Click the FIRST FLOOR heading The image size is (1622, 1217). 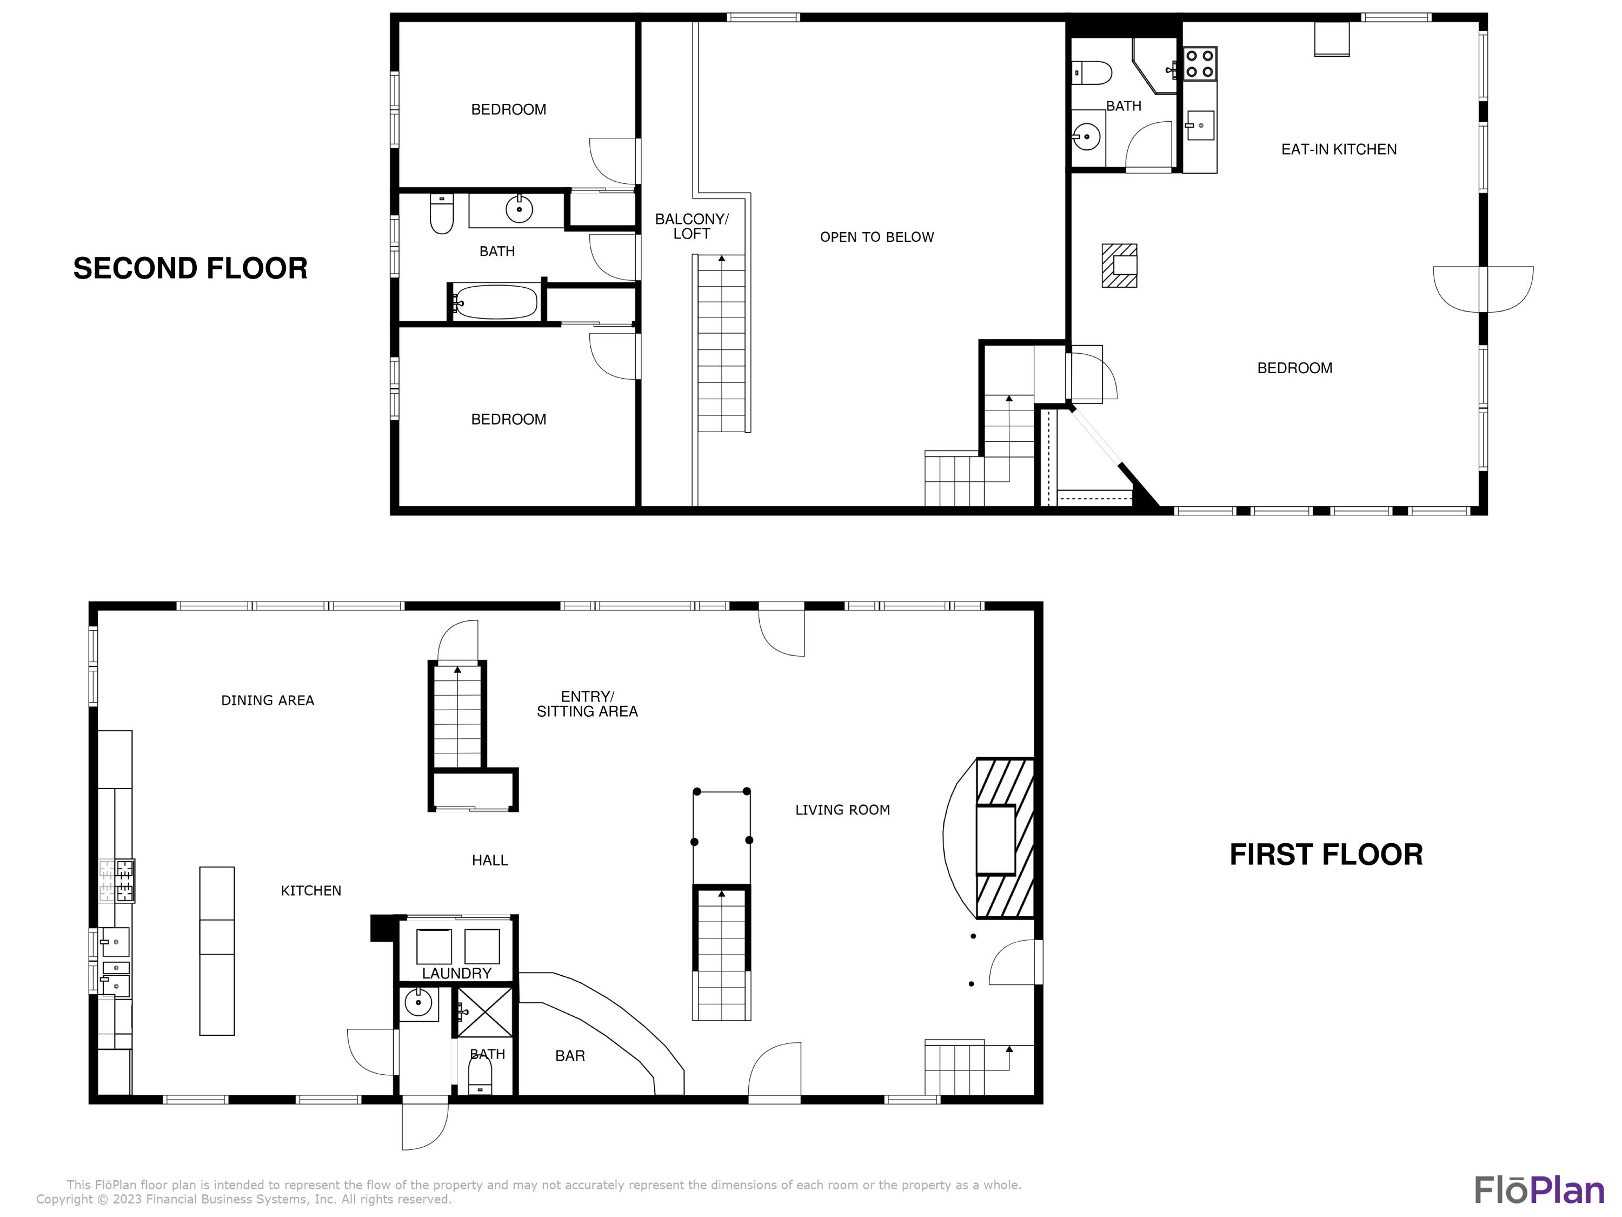[x=1326, y=855]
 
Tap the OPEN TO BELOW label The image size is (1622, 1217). [x=876, y=237]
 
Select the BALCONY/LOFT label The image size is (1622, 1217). [x=692, y=226]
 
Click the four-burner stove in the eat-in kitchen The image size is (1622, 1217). [x=1200, y=63]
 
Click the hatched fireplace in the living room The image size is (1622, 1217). [x=1005, y=838]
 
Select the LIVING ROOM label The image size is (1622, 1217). [x=842, y=810]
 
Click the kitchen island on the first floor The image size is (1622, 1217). [x=217, y=951]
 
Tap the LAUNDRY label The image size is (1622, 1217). [x=456, y=974]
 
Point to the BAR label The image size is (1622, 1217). [x=570, y=1056]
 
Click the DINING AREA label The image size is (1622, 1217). [x=268, y=700]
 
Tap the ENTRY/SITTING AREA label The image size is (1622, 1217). [x=587, y=704]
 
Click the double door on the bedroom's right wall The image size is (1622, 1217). [x=1483, y=289]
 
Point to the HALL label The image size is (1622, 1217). [x=490, y=861]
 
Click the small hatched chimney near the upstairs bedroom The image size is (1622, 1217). [x=1119, y=266]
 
